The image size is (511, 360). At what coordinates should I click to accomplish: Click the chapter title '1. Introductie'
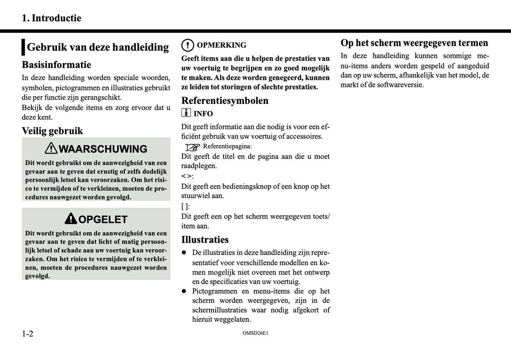[x=51, y=18]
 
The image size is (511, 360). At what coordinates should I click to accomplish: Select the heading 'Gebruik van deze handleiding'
[x=98, y=47]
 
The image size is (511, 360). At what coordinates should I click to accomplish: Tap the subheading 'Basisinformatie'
[x=56, y=65]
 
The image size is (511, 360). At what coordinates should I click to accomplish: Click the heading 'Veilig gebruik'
[x=52, y=131]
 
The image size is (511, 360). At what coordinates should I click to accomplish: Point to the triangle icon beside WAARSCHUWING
[x=51, y=148]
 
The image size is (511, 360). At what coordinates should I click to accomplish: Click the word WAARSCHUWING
[x=103, y=149]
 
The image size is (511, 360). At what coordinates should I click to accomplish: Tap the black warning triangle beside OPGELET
[x=71, y=219]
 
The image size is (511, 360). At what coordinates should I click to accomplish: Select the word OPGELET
[x=103, y=220]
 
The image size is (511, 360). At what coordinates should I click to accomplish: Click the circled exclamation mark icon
[x=187, y=45]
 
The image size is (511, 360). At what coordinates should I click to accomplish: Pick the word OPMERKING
[x=221, y=45]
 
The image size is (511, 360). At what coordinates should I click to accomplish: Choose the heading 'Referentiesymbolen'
[x=225, y=100]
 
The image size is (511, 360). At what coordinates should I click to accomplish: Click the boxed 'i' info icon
[x=186, y=113]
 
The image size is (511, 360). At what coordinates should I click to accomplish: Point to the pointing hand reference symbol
[x=193, y=147]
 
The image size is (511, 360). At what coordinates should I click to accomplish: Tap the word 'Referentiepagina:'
[x=227, y=146]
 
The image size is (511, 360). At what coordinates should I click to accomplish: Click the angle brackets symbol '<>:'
[x=187, y=176]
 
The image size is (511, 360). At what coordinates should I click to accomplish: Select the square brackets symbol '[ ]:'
[x=185, y=207]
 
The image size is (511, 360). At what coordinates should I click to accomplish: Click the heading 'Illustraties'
[x=205, y=240]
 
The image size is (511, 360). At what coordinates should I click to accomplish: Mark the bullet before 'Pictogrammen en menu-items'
[x=184, y=291]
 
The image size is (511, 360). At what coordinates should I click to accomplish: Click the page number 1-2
[x=28, y=334]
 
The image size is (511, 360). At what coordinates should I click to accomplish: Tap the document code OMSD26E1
[x=255, y=333]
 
